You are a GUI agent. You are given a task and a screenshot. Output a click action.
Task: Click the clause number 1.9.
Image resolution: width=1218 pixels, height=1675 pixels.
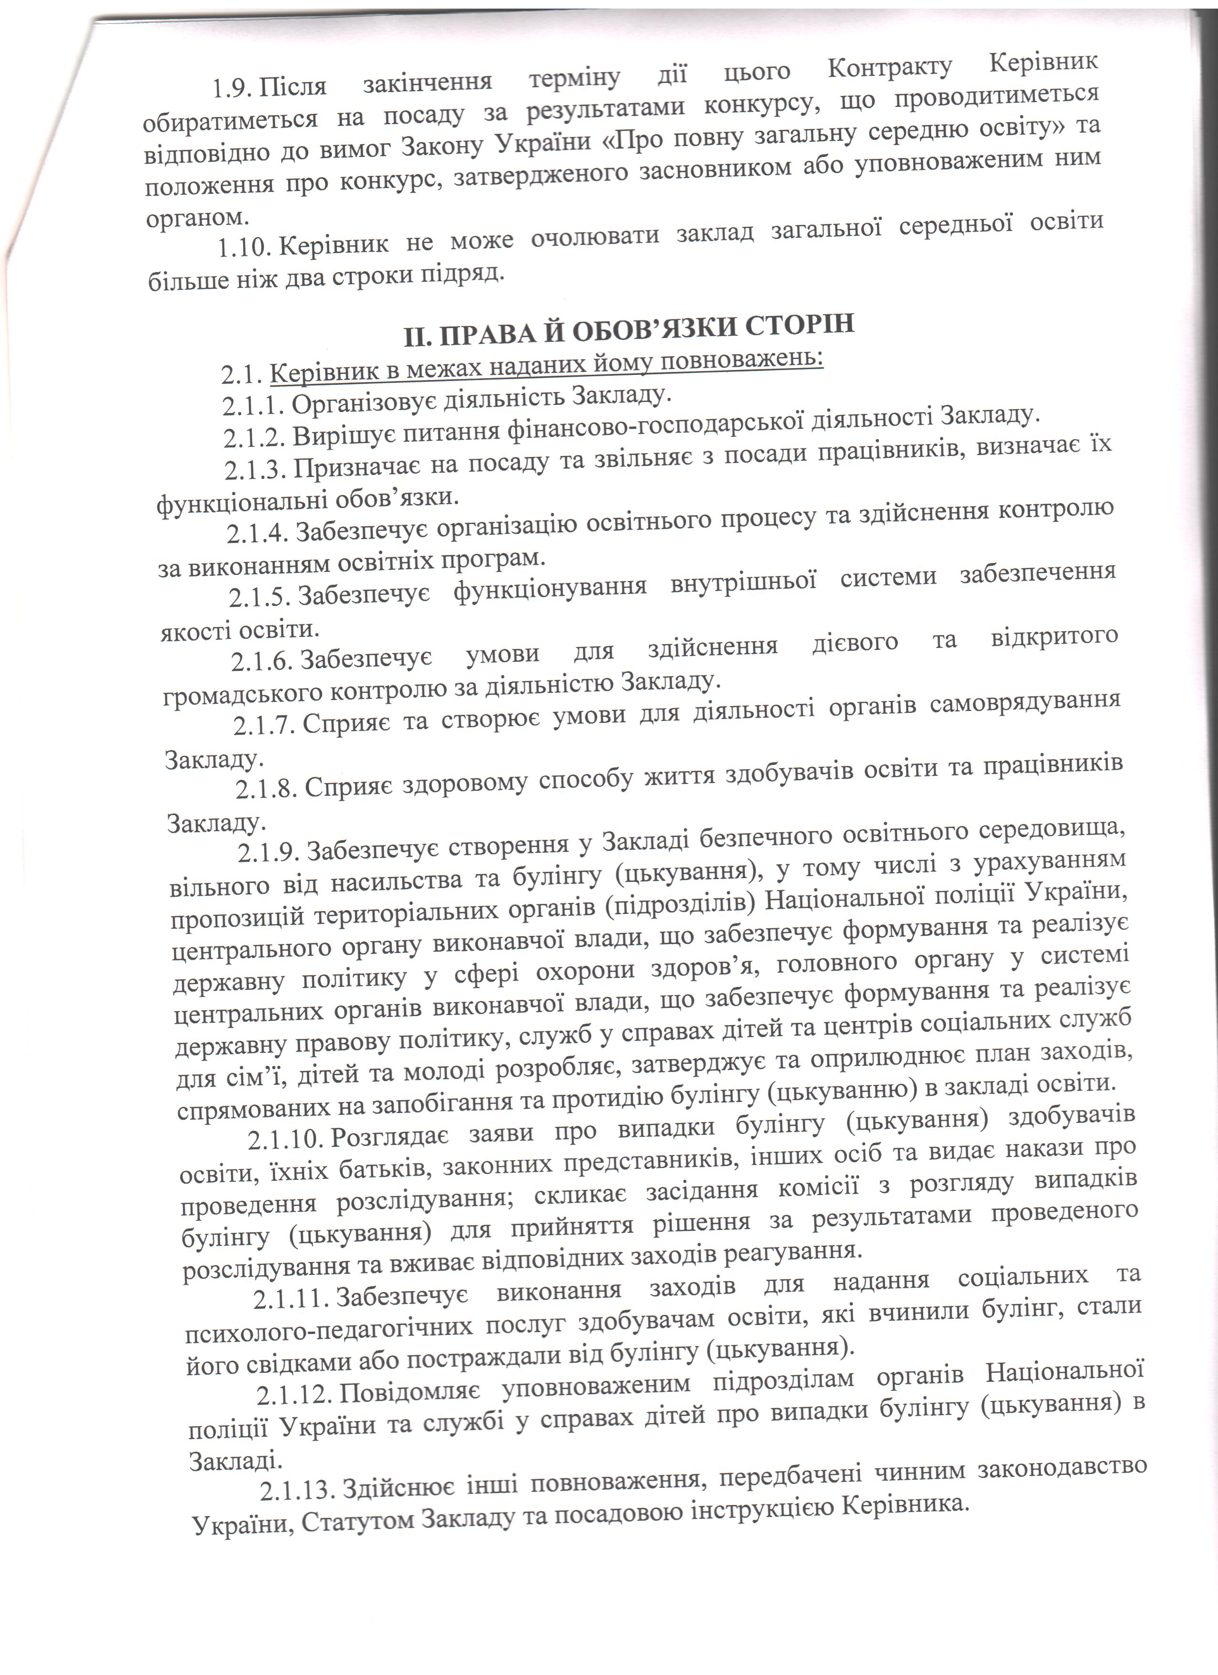point(234,89)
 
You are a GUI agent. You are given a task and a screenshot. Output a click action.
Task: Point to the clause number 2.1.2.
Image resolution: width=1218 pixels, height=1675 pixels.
point(255,438)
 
